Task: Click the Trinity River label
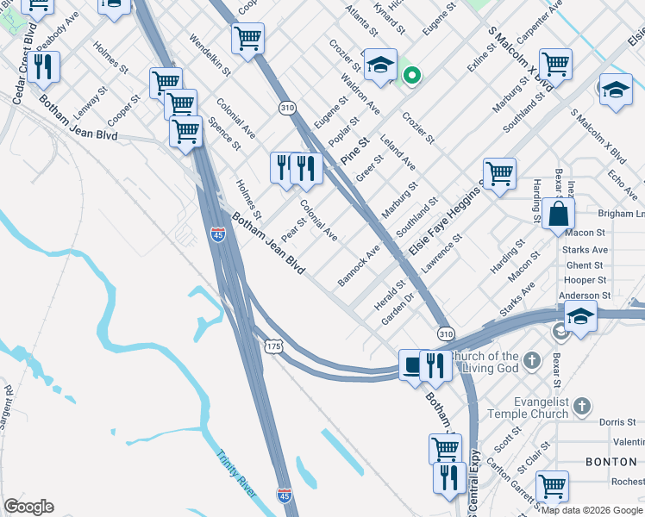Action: point(237,473)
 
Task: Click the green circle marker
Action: point(412,76)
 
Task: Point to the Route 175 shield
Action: point(273,345)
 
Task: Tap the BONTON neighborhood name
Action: point(611,462)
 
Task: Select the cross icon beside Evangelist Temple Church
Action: point(584,405)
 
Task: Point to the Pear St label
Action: point(294,230)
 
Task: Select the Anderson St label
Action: point(585,295)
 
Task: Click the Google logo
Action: point(28,507)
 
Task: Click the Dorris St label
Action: point(616,422)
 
